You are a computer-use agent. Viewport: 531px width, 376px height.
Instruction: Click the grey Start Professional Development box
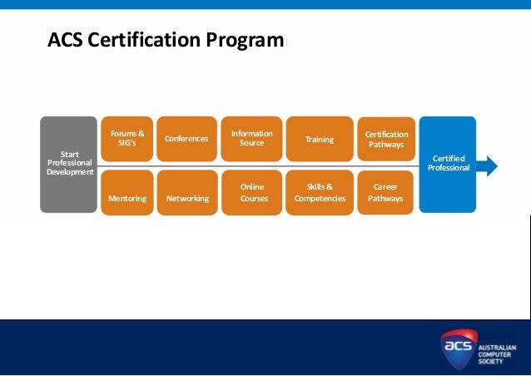point(68,164)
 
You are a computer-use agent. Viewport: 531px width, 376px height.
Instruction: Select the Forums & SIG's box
point(127,138)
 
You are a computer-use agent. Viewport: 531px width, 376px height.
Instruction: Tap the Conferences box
point(186,138)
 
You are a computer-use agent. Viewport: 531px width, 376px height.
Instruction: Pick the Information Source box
point(251,138)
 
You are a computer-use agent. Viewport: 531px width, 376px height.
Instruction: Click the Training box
point(319,139)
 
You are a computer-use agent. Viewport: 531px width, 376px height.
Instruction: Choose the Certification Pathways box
point(386,139)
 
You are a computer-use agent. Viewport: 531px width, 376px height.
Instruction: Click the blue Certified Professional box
point(448,164)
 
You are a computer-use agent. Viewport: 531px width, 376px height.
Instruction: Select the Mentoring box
point(127,192)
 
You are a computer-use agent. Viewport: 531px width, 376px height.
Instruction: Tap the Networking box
point(186,192)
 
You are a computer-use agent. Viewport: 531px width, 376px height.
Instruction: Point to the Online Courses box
point(251,192)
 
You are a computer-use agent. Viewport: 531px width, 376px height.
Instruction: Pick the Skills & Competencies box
point(319,192)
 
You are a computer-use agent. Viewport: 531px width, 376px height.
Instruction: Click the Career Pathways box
point(385,192)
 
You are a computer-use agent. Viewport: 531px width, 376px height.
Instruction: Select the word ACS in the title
point(64,40)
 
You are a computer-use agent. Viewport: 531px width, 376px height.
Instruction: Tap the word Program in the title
point(251,40)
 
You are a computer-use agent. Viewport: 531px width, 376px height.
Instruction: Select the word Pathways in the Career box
point(385,199)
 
